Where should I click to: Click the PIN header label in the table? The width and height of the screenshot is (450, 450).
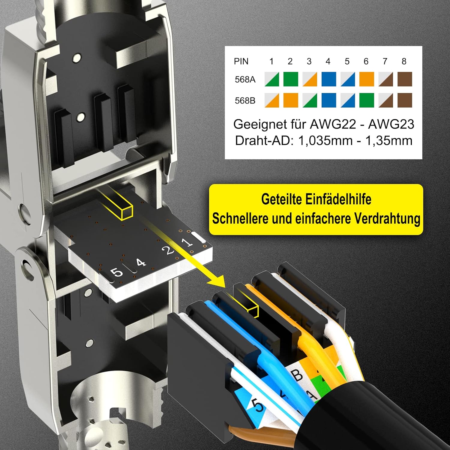click(x=241, y=61)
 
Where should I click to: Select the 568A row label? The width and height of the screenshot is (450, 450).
click(x=245, y=79)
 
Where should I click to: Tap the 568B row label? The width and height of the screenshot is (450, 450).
click(x=245, y=100)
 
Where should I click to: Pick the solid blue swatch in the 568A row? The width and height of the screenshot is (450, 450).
click(x=329, y=79)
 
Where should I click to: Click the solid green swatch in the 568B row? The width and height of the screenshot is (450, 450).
click(x=367, y=100)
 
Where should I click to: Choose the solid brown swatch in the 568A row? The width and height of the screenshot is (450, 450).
click(x=405, y=79)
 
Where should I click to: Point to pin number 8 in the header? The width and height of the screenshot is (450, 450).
click(x=404, y=61)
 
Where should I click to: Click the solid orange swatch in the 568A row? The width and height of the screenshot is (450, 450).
click(x=367, y=79)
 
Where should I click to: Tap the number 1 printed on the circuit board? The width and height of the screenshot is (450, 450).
click(x=188, y=241)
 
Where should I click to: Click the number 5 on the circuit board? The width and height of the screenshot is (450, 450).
click(x=117, y=272)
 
